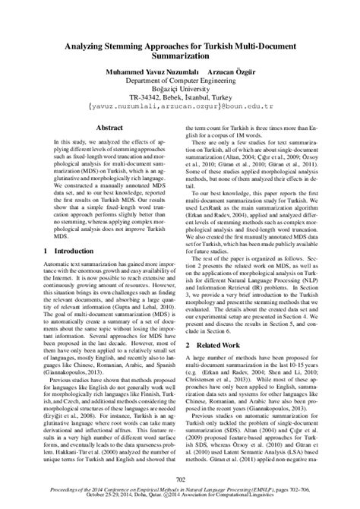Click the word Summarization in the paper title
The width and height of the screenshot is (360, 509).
179,57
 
